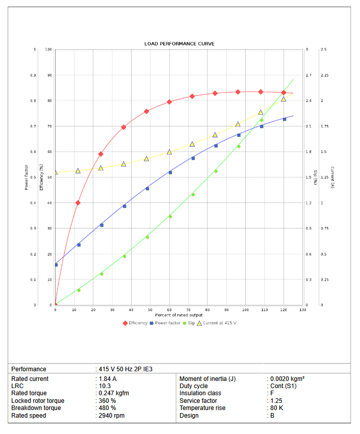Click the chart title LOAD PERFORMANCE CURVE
[179, 44]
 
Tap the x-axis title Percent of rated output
[179, 315]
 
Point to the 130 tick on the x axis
[302, 310]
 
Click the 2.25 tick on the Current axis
[324, 75]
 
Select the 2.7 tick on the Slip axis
[308, 75]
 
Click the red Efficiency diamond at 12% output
[78, 202]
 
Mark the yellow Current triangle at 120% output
[284, 99]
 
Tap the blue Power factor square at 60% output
[170, 172]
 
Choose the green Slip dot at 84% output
[216, 171]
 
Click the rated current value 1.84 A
[108, 379]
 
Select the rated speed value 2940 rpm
[112, 416]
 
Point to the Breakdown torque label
[36, 408]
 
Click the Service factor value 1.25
[276, 401]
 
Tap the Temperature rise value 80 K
[276, 408]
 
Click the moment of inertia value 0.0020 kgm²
[287, 379]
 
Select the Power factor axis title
[27, 177]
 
